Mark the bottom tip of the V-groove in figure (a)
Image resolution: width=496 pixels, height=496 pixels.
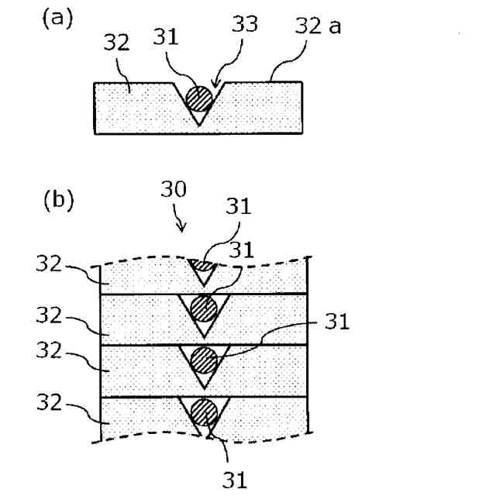point(198,125)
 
